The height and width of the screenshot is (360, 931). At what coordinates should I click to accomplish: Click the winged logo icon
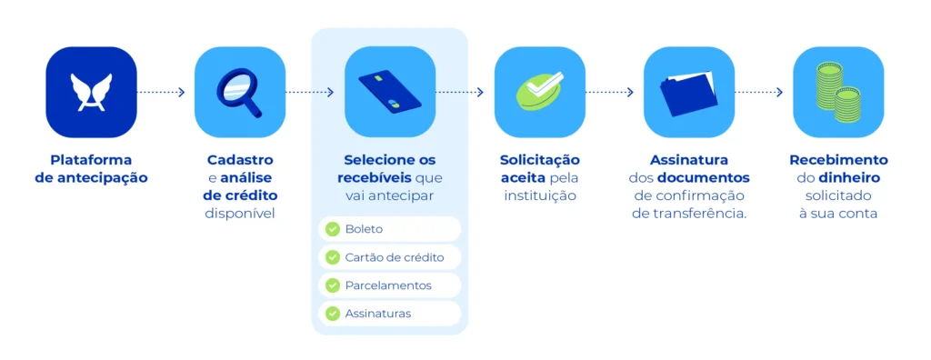91,92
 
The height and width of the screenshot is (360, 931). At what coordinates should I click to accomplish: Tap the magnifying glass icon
240,92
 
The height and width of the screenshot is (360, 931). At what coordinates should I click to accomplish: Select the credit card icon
389,92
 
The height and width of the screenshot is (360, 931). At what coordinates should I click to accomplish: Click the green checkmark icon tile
539,92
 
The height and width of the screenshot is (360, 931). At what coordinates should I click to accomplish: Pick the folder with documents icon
688,92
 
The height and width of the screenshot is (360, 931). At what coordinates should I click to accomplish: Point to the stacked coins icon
837,92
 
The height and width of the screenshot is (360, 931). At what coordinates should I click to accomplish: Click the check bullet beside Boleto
332,229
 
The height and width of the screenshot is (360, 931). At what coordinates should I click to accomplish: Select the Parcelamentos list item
389,285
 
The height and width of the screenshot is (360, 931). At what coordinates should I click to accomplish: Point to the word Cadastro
240,160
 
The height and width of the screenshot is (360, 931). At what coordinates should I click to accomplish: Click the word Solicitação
539,160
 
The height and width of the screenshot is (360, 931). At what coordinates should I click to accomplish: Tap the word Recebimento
837,160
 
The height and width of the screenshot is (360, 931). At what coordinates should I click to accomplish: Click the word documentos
703,177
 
